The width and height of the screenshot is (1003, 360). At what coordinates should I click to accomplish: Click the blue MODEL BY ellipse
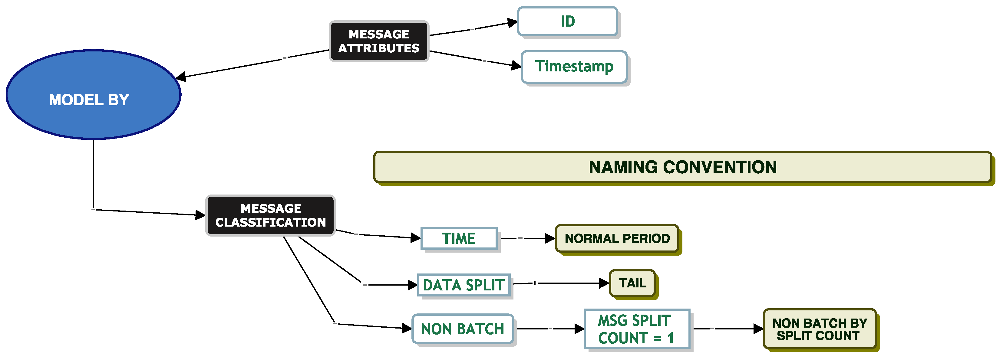[x=94, y=95]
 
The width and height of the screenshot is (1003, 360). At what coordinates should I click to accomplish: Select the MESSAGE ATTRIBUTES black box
[x=379, y=41]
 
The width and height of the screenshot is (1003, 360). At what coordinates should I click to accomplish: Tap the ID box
[x=567, y=21]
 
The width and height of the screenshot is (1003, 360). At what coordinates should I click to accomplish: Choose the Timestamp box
[x=574, y=67]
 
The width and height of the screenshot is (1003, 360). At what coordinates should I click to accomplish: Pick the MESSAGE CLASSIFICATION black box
[x=270, y=215]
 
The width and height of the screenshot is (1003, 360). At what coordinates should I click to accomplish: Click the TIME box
[x=459, y=238]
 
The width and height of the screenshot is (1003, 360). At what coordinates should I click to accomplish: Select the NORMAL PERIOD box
[x=617, y=238]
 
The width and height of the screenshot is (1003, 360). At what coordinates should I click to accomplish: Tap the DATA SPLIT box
[x=463, y=285]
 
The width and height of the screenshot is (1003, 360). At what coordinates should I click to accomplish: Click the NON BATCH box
[x=463, y=329]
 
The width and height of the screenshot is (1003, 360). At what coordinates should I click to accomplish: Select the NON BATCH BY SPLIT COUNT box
[x=819, y=329]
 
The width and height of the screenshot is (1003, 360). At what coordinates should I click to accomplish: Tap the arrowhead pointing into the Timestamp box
[x=516, y=66]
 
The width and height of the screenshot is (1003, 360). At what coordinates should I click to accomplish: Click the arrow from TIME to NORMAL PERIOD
[x=528, y=238]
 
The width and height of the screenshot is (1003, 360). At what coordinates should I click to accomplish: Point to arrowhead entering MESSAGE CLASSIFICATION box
[x=200, y=215]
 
